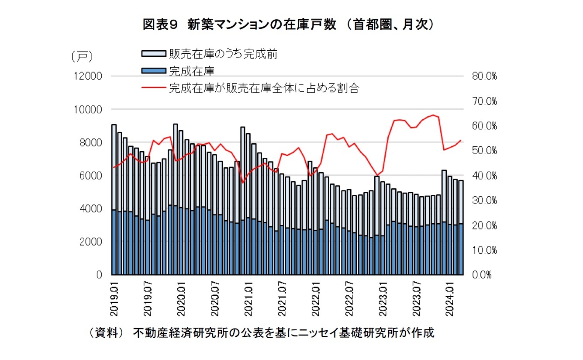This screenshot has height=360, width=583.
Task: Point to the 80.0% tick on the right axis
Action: point(485,76)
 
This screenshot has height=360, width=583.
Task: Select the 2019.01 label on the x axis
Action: point(114,299)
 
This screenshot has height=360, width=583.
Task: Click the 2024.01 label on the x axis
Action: point(451,299)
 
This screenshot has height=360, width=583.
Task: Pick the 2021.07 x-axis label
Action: point(282,299)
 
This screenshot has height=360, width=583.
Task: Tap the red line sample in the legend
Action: point(153,88)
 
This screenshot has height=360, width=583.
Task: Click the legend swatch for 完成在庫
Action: point(153,70)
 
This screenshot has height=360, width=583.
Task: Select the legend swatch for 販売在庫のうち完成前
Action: point(153,53)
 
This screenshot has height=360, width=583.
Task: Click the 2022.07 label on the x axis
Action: point(349,299)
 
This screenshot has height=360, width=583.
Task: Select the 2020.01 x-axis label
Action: point(181,299)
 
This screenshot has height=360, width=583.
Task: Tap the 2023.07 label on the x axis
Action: point(417,299)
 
